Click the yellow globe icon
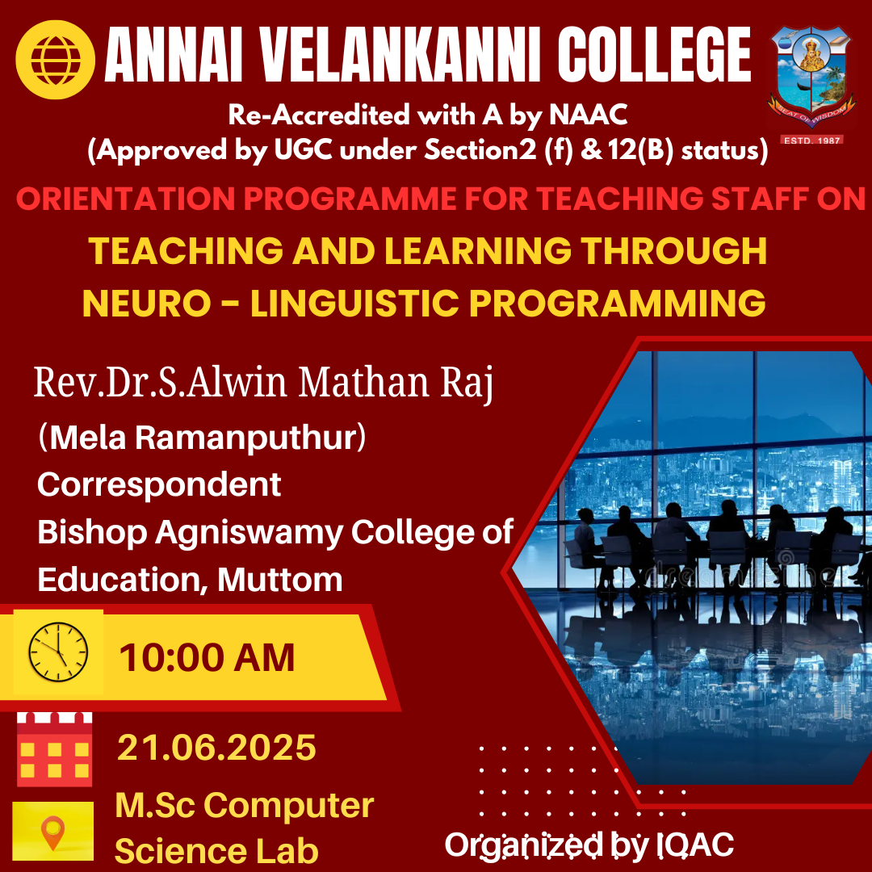click(55, 60)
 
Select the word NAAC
click(589, 115)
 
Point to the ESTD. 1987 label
click(812, 140)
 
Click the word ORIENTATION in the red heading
click(126, 199)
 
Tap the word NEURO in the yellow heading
click(147, 303)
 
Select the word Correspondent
click(159, 484)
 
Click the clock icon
click(58, 652)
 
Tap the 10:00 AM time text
click(207, 657)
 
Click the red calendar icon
click(55, 749)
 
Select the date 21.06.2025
click(217, 747)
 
